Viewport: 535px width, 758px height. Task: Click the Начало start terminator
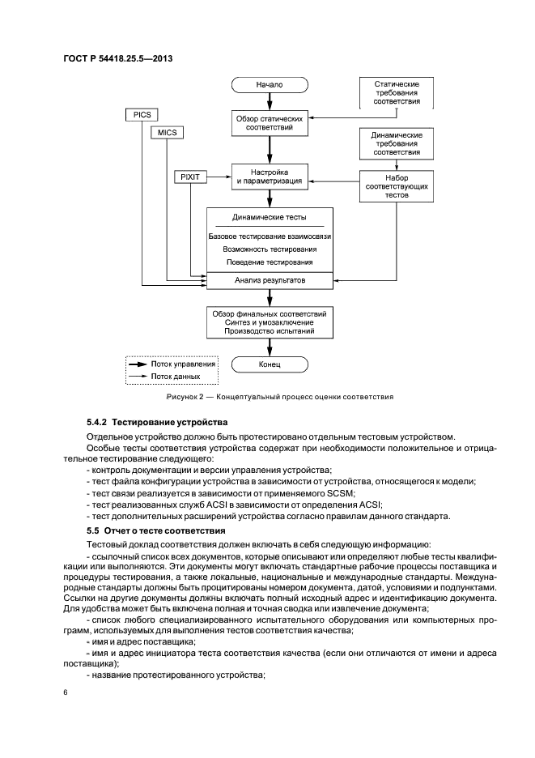[x=270, y=83]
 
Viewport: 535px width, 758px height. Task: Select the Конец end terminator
[x=270, y=365]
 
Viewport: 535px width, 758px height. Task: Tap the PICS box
[x=142, y=115]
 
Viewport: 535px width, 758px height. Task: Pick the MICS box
[x=168, y=132]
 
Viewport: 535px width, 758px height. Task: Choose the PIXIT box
[x=191, y=176]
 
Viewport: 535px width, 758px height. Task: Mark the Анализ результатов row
[x=270, y=280]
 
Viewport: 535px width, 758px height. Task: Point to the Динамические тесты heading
[x=270, y=218]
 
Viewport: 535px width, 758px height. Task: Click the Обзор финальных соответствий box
[x=270, y=322]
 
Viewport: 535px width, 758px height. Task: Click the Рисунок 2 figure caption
[x=279, y=398]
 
